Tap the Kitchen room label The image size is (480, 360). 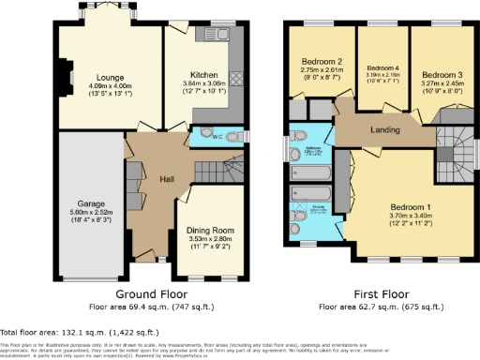point(204,74)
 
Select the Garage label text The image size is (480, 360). point(91,203)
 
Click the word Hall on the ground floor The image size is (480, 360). point(167,179)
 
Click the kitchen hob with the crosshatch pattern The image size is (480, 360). point(237,78)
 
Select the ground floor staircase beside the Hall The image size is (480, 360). point(214,169)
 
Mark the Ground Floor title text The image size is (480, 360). point(152,292)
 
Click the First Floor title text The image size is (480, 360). point(382,292)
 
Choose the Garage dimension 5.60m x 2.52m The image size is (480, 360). point(91,213)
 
